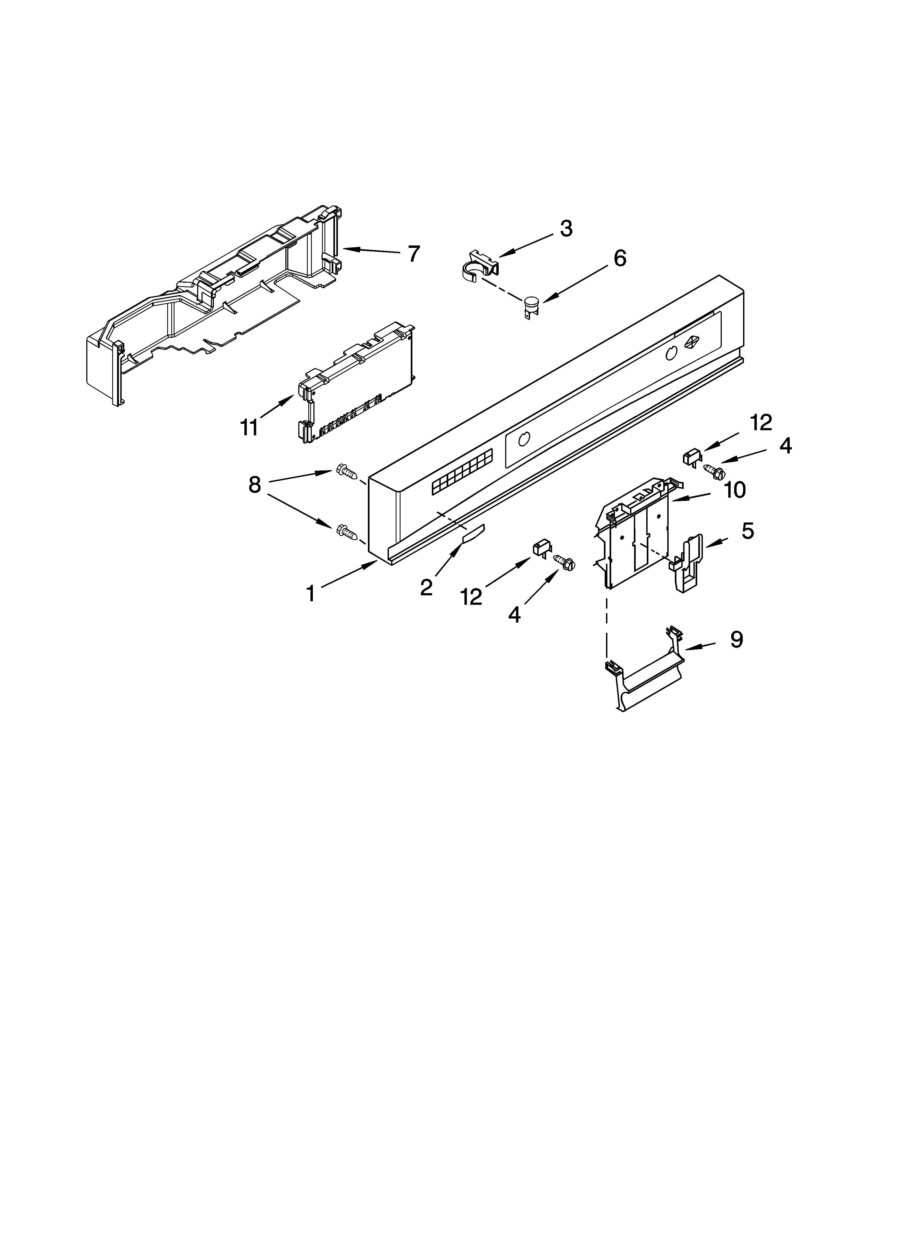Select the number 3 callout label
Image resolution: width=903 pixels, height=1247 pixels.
point(566,229)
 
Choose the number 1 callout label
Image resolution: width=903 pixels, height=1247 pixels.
point(311,594)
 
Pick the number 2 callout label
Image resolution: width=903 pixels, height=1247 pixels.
point(426,587)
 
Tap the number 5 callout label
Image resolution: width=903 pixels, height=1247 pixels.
point(747,531)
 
